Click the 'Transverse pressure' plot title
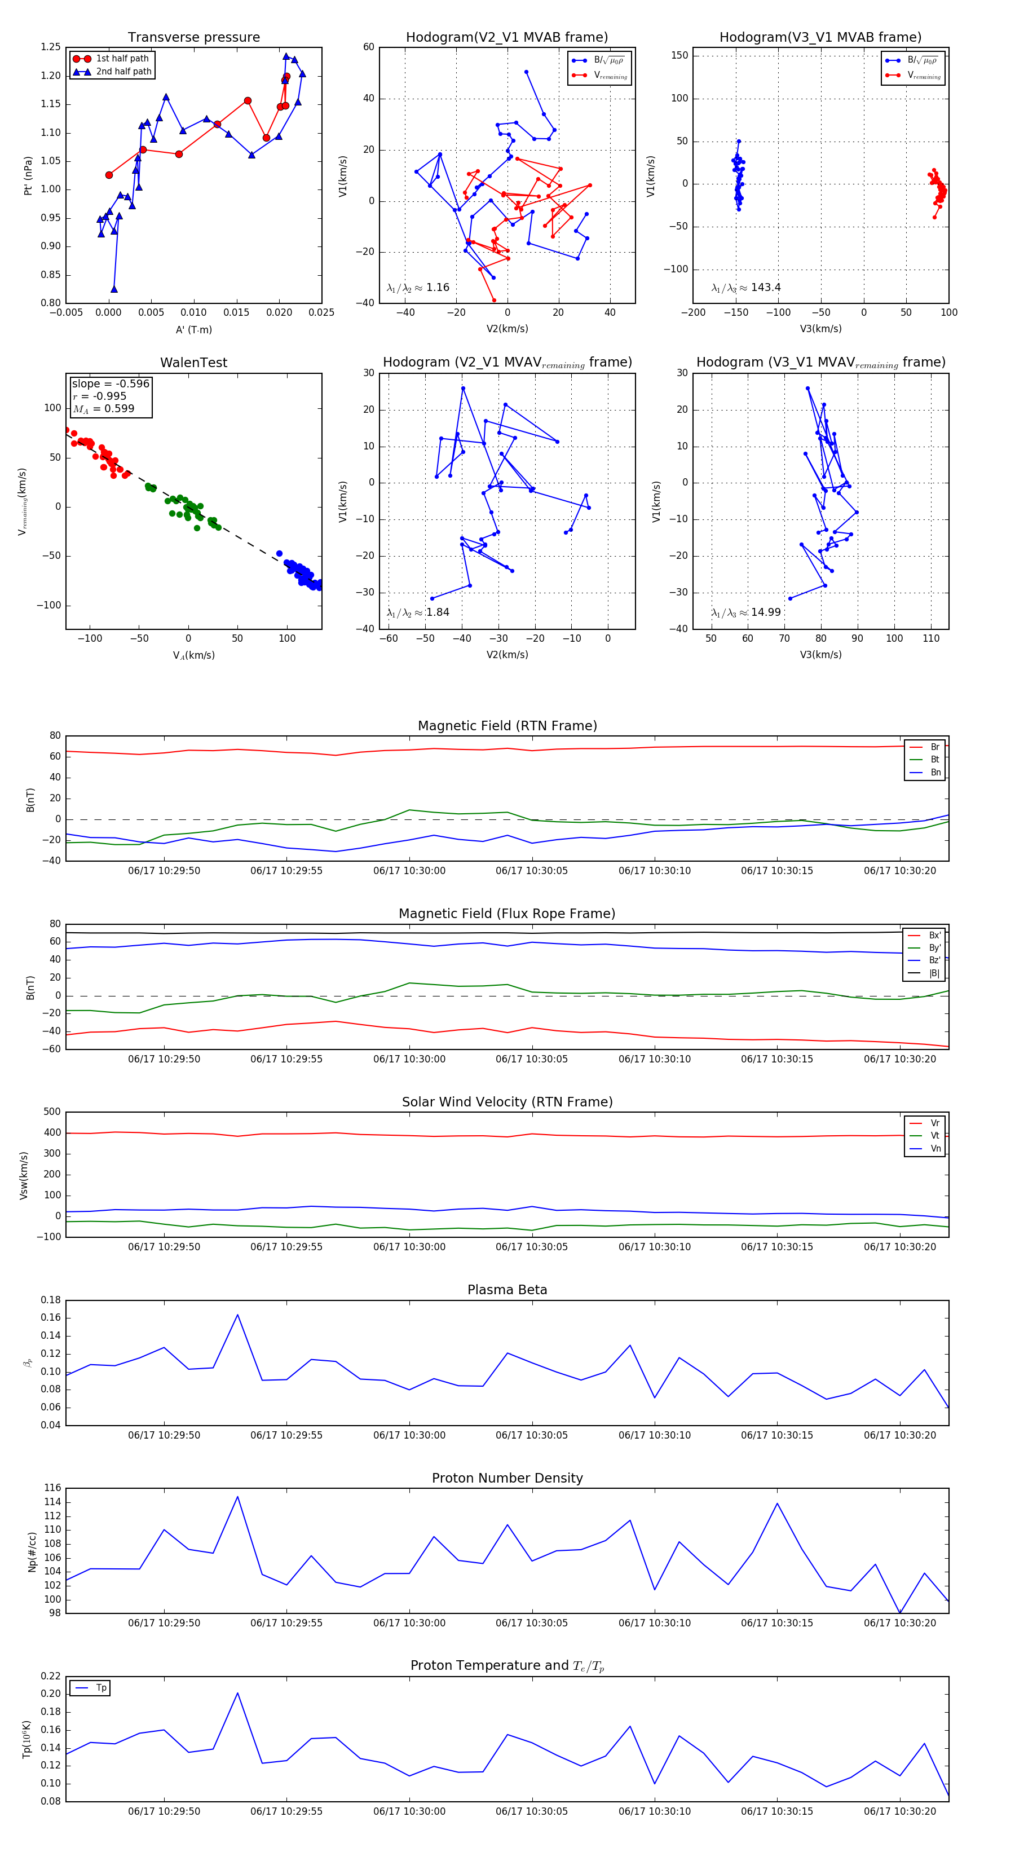click(x=193, y=38)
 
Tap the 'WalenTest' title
click(x=193, y=363)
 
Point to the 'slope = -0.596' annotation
click(x=111, y=383)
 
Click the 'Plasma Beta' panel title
click(x=507, y=1290)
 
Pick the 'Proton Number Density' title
click(x=507, y=1478)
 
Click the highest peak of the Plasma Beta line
click(x=237, y=1315)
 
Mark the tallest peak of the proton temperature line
click(x=237, y=1693)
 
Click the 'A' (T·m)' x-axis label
click(x=193, y=329)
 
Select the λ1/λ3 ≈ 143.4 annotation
click(x=745, y=288)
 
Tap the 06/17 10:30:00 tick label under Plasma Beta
click(x=409, y=1435)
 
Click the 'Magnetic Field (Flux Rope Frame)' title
click(x=507, y=914)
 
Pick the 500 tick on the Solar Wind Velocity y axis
click(x=52, y=1112)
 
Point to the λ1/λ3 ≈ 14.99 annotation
click(x=745, y=612)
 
